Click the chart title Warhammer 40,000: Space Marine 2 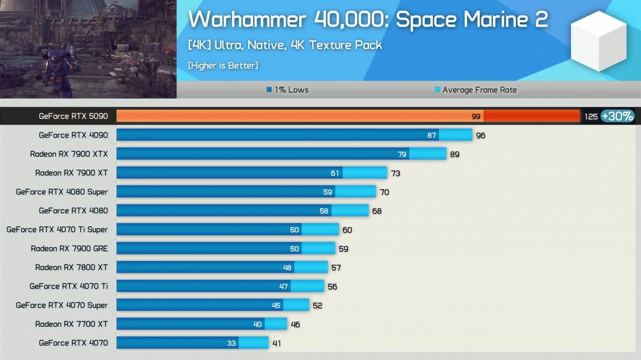pos(368,20)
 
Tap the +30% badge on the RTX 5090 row pos(617,116)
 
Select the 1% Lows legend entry pos(288,90)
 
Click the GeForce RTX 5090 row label pos(73,116)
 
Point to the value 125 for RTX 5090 pos(591,117)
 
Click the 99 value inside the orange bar pos(476,117)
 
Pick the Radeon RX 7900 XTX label pos(69,154)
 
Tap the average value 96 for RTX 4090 pos(480,136)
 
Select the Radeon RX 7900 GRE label pos(69,249)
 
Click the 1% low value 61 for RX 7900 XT pos(335,173)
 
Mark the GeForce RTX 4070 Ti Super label pos(57,230)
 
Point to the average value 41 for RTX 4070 pos(277,343)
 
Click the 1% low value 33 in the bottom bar pos(231,343)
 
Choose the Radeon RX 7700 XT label pos(71,324)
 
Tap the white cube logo pos(598,41)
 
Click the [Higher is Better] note pos(223,65)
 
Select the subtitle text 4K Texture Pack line pos(285,45)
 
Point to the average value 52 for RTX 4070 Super pos(318,305)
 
